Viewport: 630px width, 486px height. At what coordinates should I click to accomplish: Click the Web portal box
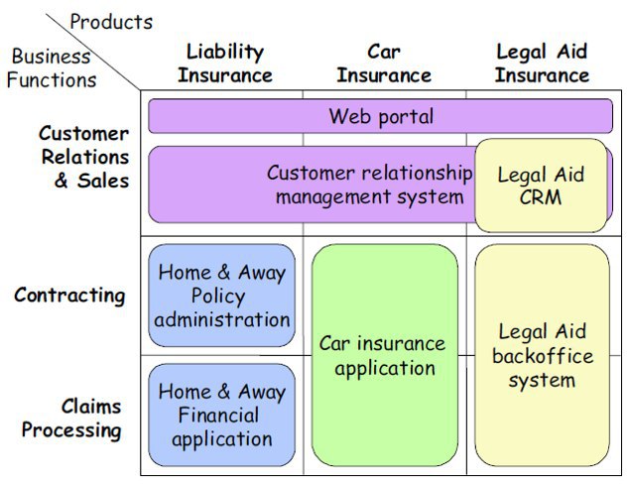click(381, 116)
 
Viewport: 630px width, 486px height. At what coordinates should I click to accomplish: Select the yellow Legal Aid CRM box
click(541, 185)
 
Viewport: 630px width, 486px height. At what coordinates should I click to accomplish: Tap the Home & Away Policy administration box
click(222, 296)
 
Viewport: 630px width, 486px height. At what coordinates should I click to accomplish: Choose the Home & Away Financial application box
click(222, 415)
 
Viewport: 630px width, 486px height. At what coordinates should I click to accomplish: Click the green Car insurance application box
click(385, 355)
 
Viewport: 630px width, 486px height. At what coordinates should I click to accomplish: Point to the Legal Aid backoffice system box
click(542, 355)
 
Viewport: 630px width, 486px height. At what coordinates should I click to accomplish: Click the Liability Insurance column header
click(225, 63)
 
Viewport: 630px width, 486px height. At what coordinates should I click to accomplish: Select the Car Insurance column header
click(384, 63)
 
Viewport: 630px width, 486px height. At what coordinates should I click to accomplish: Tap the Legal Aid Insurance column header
click(542, 63)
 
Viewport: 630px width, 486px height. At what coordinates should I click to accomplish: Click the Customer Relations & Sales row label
click(84, 157)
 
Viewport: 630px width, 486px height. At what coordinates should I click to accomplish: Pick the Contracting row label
click(69, 296)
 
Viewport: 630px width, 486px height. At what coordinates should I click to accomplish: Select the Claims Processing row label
click(71, 419)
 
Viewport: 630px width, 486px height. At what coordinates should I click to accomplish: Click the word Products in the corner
click(111, 22)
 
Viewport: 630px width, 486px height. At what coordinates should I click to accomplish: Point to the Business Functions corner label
click(52, 67)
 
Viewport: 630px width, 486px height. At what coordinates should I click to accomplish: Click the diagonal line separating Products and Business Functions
click(93, 52)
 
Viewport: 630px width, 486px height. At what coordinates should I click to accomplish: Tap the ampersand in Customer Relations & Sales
click(62, 181)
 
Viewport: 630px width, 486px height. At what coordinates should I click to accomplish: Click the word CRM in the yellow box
click(541, 197)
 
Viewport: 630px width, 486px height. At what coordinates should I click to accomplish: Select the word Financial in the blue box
click(218, 415)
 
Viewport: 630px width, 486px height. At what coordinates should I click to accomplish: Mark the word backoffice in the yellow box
click(543, 356)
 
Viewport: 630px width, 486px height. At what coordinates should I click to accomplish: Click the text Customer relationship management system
click(370, 184)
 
